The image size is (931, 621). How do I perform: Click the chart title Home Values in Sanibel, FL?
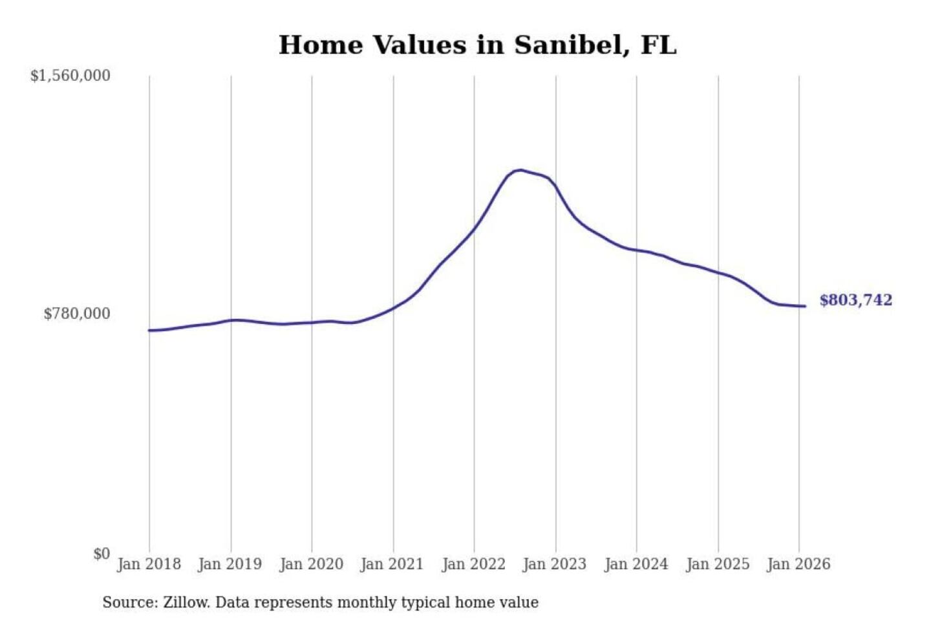(x=477, y=45)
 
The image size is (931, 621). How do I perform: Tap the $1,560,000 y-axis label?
(x=70, y=76)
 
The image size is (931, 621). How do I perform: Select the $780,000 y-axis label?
(x=76, y=314)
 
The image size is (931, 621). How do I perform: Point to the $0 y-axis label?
(x=102, y=554)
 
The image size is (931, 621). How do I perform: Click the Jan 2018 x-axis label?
(x=149, y=564)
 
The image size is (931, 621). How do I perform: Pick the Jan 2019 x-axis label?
(x=230, y=564)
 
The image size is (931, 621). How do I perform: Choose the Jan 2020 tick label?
(x=311, y=564)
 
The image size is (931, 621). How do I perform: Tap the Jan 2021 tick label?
(x=392, y=564)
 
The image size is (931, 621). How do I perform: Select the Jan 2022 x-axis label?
(x=473, y=564)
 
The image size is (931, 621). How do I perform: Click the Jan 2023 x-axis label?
(x=554, y=564)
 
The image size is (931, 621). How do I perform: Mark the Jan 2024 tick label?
(x=636, y=564)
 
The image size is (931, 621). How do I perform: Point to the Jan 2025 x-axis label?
(x=717, y=564)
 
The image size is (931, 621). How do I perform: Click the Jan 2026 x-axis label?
(x=798, y=564)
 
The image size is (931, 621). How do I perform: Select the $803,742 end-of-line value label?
(x=855, y=300)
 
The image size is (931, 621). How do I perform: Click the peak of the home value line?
(x=520, y=170)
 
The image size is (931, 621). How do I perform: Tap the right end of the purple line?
(x=805, y=306)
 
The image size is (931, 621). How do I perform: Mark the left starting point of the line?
(x=149, y=331)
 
